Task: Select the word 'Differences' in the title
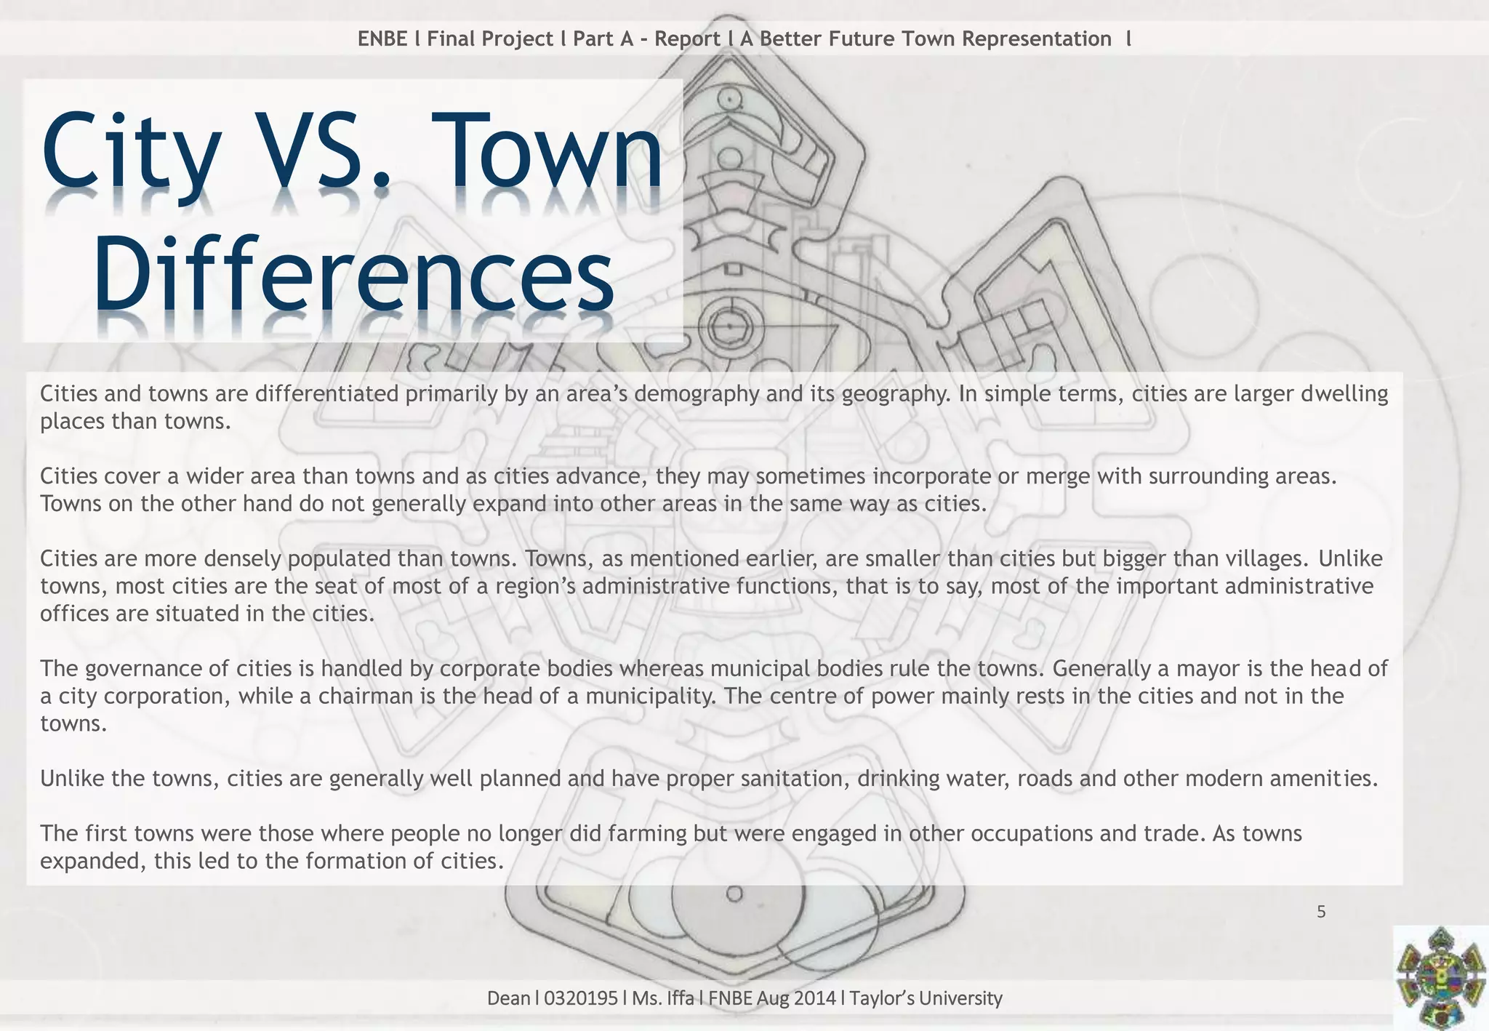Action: (354, 280)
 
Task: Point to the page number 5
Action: (1321, 912)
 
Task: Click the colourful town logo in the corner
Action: (1440, 978)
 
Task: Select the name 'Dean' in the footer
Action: (509, 998)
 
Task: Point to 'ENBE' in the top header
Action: (382, 39)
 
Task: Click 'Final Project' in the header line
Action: (490, 39)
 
